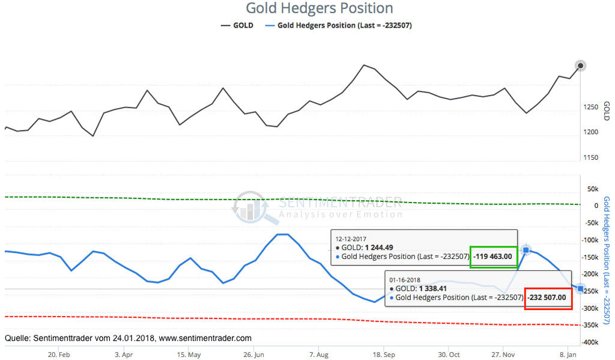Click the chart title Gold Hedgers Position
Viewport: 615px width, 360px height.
tap(319, 8)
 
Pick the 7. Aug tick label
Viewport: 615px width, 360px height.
tap(319, 355)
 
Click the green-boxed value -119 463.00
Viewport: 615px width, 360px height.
tap(493, 257)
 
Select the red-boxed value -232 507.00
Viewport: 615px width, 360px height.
tap(548, 297)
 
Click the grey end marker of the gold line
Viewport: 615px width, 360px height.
tap(580, 66)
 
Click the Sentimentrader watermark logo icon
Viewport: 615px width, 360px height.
tap(249, 207)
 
